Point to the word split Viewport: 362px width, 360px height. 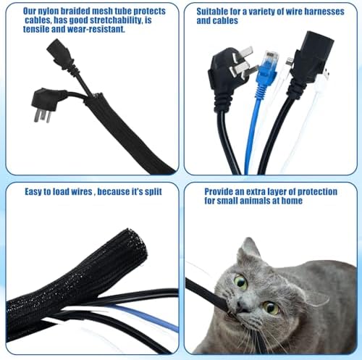153,192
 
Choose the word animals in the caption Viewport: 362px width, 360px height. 253,201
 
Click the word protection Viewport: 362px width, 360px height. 317,192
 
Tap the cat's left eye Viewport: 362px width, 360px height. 271,307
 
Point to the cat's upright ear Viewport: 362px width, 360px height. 249,249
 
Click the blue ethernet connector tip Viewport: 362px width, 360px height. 271,59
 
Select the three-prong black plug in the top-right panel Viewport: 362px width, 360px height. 230,72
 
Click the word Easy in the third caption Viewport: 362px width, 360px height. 33,192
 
